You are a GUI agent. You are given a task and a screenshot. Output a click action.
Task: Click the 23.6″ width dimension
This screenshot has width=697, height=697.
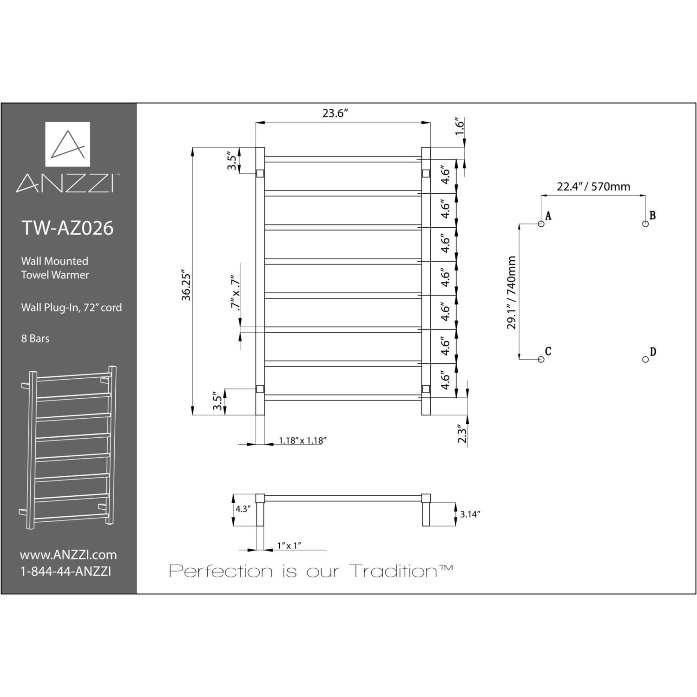[335, 113]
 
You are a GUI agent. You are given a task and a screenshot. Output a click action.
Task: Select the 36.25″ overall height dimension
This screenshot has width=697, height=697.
[186, 284]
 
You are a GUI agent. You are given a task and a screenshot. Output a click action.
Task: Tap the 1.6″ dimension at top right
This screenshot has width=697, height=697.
[460, 126]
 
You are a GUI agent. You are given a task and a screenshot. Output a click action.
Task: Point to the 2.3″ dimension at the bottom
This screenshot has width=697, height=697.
[462, 433]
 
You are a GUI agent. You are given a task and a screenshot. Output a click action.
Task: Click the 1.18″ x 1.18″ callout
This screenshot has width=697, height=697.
[302, 441]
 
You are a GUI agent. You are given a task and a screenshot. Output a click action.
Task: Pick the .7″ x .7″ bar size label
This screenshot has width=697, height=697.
[236, 294]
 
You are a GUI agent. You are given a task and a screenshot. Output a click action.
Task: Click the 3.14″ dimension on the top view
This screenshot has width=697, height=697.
[470, 514]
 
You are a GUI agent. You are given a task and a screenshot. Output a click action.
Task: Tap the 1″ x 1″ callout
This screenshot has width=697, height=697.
[289, 546]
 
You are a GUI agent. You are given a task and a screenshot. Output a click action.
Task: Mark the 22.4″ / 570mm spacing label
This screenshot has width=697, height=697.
[593, 187]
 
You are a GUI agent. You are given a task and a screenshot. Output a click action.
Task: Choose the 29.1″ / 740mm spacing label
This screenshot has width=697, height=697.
[512, 292]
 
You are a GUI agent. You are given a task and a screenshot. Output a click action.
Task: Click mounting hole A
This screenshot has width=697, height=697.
[541, 224]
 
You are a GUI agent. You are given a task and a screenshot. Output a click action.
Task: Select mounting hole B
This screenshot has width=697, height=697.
[645, 224]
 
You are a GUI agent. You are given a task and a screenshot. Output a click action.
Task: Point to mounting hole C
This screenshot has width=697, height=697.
[541, 359]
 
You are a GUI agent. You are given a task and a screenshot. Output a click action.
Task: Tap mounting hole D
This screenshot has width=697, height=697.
[645, 359]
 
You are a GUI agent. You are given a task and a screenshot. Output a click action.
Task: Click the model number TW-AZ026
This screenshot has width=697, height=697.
[68, 228]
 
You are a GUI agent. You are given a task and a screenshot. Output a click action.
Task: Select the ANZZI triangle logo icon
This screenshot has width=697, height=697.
[68, 144]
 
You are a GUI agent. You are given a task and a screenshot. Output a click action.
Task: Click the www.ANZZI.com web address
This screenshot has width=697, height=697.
[68, 555]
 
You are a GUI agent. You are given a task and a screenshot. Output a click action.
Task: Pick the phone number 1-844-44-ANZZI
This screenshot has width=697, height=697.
[66, 572]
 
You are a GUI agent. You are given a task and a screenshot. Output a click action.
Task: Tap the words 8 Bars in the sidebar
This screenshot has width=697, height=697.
[35, 339]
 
